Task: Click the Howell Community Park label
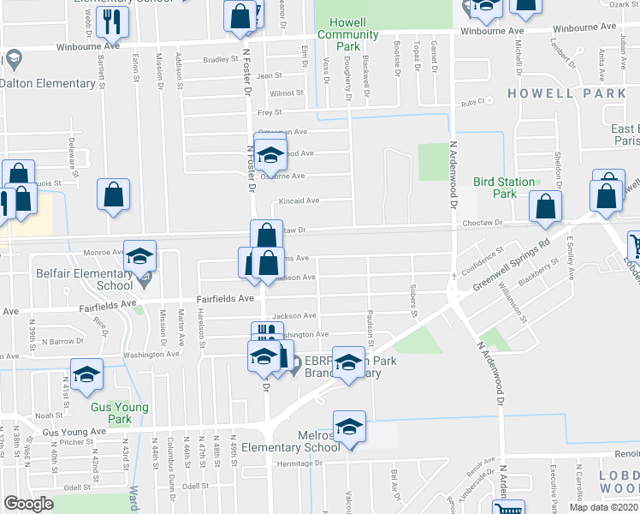pyautogui.click(x=347, y=40)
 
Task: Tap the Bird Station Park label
pyautogui.click(x=505, y=188)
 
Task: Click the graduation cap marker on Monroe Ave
pyautogui.click(x=139, y=256)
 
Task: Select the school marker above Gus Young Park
pyautogui.click(x=86, y=376)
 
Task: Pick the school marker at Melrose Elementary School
pyautogui.click(x=348, y=427)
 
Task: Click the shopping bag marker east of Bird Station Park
pyautogui.click(x=545, y=206)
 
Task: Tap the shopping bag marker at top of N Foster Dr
pyautogui.click(x=242, y=16)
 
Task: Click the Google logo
pyautogui.click(x=28, y=504)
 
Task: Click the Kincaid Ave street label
pyautogui.click(x=295, y=201)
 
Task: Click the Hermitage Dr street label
pyautogui.click(x=297, y=463)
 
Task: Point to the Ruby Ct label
pyautogui.click(x=472, y=102)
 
